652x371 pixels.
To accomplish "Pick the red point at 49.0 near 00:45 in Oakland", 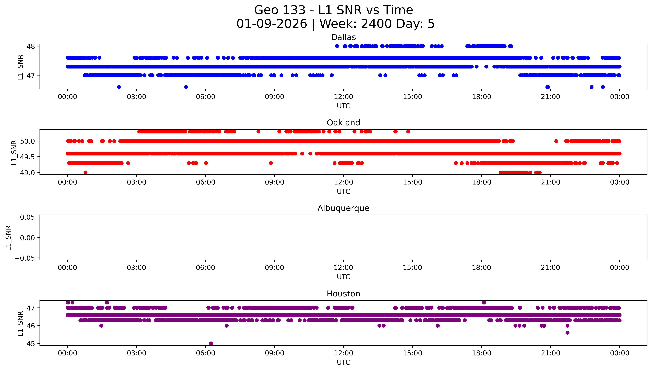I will (x=85, y=172).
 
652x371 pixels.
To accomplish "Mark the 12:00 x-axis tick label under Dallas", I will (x=343, y=97).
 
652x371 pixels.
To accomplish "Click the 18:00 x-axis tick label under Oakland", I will (x=481, y=182).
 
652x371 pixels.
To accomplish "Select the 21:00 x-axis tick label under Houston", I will (x=550, y=353).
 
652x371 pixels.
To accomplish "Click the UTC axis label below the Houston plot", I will (x=343, y=362).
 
